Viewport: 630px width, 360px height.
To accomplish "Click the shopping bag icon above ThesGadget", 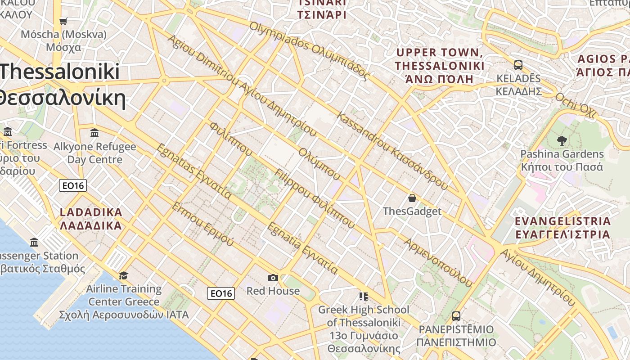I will tap(412, 198).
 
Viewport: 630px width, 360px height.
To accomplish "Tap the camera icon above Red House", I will tap(273, 278).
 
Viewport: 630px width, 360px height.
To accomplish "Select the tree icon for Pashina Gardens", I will tap(562, 141).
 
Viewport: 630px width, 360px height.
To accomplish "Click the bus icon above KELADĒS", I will tap(518, 65).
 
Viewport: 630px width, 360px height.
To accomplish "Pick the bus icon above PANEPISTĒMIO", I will tap(456, 316).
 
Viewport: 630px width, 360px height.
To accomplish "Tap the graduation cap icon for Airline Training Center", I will tap(123, 275).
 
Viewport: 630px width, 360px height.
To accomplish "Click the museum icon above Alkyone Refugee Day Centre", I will tap(94, 133).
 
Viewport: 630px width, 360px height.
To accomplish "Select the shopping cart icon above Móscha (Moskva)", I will tap(63, 21).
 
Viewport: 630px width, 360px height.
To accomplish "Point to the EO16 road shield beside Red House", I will tap(221, 294).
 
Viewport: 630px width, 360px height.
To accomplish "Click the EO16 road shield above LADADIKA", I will tap(72, 185).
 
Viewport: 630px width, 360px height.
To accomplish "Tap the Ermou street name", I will tap(202, 224).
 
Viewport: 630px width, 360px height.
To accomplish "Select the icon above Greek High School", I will tap(364, 297).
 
